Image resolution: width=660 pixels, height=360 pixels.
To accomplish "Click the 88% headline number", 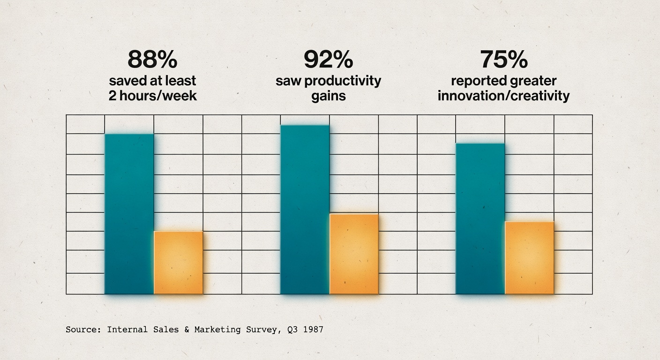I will (152, 60).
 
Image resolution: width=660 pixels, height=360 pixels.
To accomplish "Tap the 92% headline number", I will (328, 60).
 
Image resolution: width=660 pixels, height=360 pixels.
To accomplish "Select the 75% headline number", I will (503, 60).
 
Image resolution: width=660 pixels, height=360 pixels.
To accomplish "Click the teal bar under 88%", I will (129, 214).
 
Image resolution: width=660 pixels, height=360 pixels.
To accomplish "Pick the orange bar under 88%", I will (178, 262).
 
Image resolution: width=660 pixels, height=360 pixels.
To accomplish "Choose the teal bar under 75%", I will (480, 218).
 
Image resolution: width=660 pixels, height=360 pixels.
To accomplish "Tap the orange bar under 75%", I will (529, 258).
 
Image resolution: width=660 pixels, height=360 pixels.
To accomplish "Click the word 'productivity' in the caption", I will (343, 81).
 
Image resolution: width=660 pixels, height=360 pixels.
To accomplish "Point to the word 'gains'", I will (328, 96).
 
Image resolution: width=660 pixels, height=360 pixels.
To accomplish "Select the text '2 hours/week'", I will (152, 96).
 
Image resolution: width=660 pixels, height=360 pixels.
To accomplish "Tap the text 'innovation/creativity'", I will (503, 96).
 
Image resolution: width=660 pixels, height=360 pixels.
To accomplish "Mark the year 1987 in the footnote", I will (313, 330).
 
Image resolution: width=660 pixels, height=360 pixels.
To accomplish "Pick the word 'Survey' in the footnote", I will (263, 330).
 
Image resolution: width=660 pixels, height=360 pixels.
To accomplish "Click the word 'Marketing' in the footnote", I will (218, 330).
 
